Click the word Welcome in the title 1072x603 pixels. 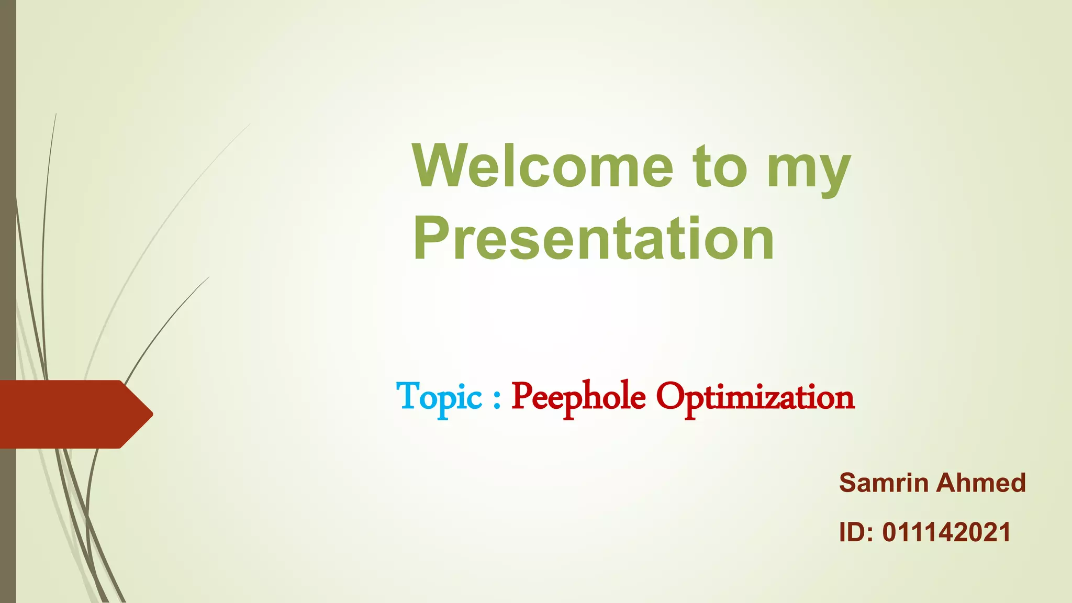[542, 166]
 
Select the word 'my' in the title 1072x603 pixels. [809, 170]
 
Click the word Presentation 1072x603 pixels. [593, 239]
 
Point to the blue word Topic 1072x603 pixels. [439, 397]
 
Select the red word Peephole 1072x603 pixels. [578, 397]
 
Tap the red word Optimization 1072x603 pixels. [755, 397]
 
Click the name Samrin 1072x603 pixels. [884, 483]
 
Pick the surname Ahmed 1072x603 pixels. [980, 483]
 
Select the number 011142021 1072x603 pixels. [946, 532]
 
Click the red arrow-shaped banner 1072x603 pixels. [68, 414]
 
